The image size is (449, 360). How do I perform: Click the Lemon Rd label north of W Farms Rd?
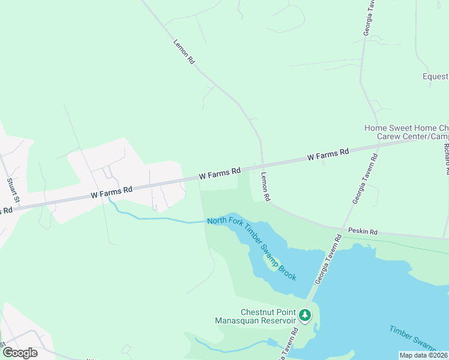[x=184, y=52]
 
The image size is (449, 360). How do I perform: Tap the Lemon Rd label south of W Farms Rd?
[x=265, y=187]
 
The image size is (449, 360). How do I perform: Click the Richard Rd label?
[x=446, y=158]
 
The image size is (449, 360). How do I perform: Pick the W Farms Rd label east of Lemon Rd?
[x=328, y=155]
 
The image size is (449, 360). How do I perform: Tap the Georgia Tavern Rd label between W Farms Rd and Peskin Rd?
[x=364, y=179]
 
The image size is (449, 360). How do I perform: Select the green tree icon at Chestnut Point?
[x=305, y=314]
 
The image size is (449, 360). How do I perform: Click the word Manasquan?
[x=239, y=321]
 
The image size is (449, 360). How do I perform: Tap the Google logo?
[x=20, y=352]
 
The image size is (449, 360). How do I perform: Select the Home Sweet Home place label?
[x=406, y=128]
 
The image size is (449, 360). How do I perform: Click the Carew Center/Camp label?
[x=412, y=137]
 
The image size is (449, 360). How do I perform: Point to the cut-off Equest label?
[x=435, y=77]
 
